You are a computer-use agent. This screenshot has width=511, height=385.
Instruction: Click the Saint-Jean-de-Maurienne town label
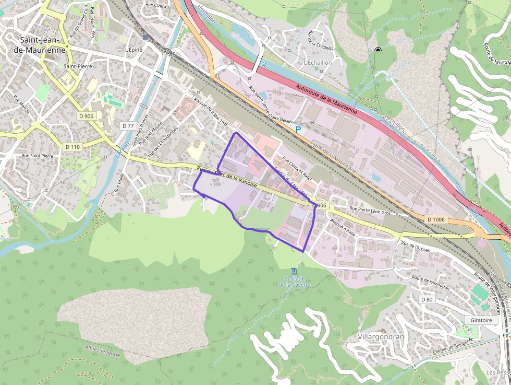[43, 44]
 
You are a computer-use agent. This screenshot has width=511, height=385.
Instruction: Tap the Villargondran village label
[381, 337]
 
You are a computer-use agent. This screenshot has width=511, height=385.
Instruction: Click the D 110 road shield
[72, 147]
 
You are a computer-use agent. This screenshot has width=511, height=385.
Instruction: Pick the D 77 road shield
[128, 126]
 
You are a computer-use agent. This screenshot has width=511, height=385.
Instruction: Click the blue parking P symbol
[298, 129]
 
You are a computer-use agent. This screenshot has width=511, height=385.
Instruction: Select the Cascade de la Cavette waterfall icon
[295, 271]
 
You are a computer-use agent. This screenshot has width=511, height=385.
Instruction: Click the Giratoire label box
[480, 320]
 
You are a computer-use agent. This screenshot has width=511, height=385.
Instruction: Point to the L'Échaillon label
[318, 62]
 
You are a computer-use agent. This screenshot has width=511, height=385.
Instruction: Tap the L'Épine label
[133, 50]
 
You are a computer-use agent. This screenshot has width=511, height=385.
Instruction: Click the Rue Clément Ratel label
[297, 169]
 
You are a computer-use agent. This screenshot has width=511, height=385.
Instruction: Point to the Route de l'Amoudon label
[430, 282]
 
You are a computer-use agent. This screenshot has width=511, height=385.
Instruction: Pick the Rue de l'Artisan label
[416, 247]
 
